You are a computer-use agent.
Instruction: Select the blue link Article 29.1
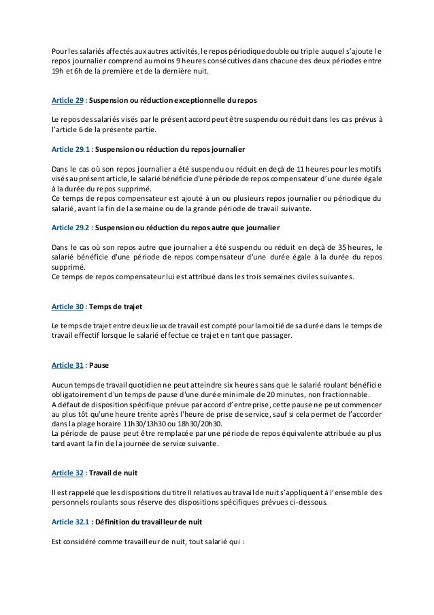(x=71, y=148)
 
